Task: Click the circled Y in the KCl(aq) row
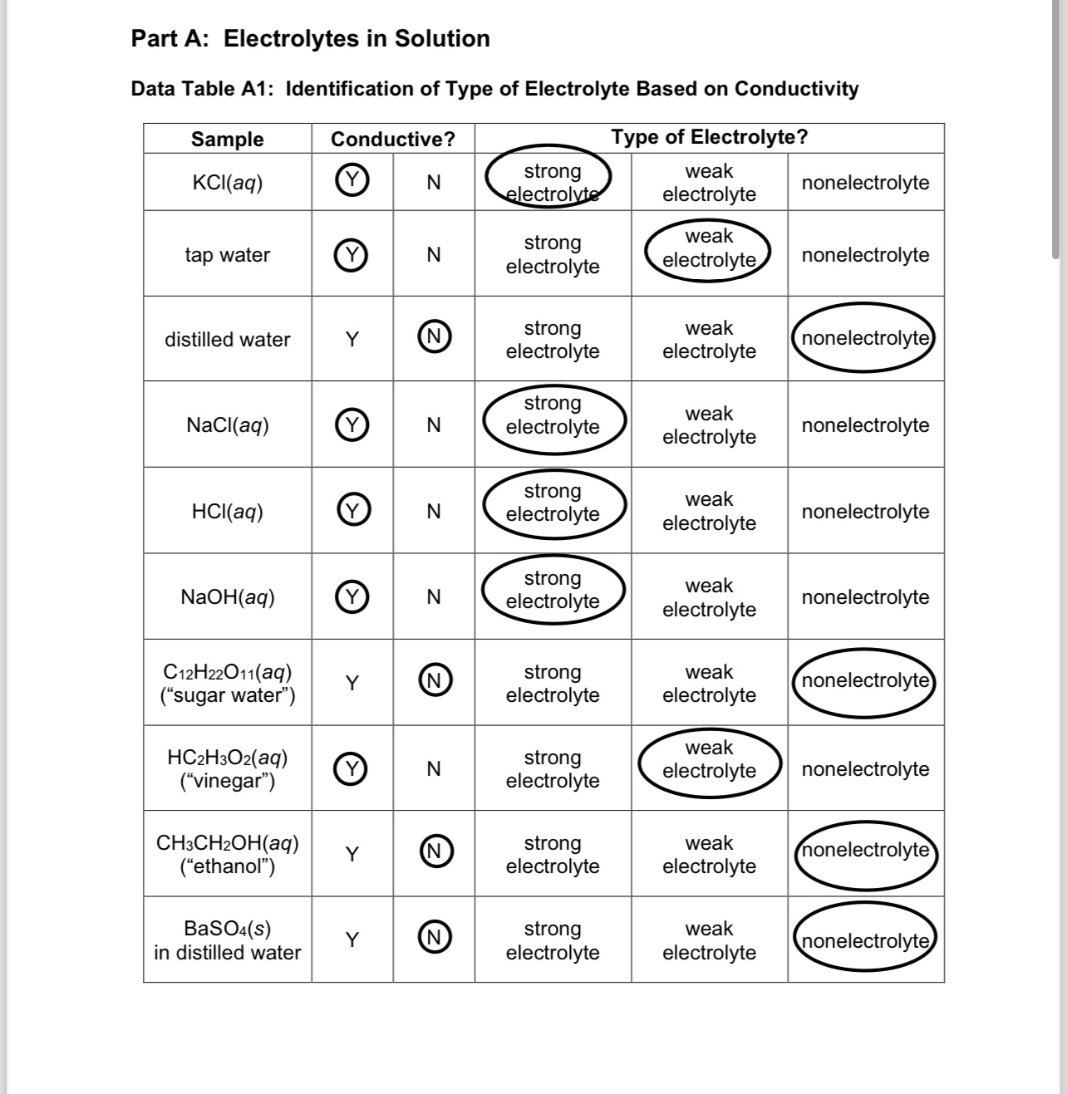point(352,181)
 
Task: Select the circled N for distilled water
point(434,337)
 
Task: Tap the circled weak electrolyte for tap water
point(709,248)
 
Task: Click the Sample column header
point(227,139)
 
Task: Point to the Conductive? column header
point(393,139)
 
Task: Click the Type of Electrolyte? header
point(709,137)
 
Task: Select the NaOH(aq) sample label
point(227,596)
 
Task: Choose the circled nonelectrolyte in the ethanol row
point(865,851)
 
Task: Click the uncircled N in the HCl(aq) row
point(433,511)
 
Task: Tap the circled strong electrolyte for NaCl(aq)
point(553,415)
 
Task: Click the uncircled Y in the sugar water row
point(352,683)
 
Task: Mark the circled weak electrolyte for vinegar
point(709,759)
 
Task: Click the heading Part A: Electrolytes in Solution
point(310,38)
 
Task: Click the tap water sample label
point(227,254)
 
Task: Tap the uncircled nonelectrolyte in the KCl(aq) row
point(865,182)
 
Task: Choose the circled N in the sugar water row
point(434,680)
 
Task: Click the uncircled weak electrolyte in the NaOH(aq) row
point(709,597)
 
